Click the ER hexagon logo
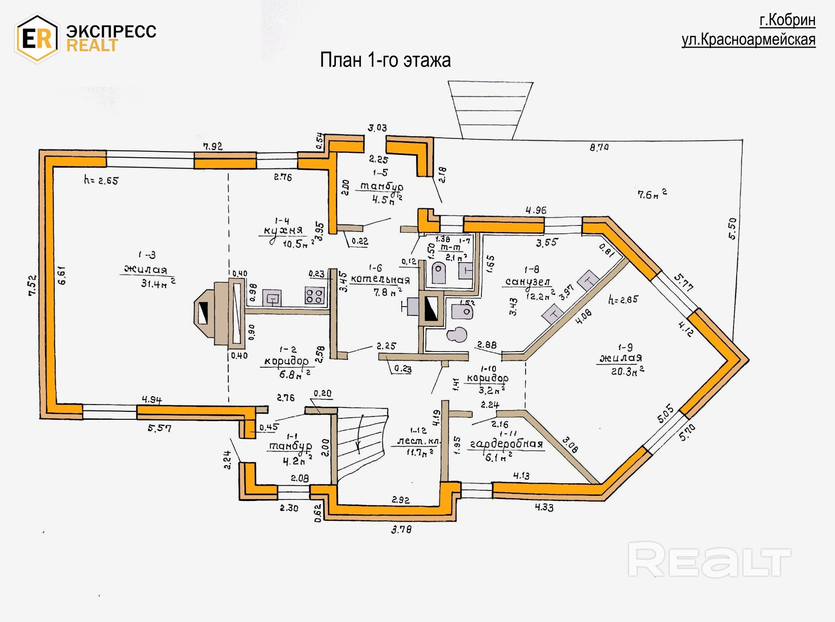click(37, 38)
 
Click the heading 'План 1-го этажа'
click(385, 60)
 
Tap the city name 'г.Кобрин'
click(787, 20)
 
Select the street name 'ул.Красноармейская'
click(748, 40)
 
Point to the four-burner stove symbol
click(314, 295)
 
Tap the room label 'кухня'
click(283, 231)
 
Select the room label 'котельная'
click(380, 279)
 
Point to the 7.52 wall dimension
click(32, 285)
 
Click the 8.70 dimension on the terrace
click(599, 147)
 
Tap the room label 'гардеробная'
click(506, 444)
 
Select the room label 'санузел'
click(527, 282)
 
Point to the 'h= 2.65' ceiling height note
click(101, 180)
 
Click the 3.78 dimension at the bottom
click(401, 529)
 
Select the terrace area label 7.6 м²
click(651, 194)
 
